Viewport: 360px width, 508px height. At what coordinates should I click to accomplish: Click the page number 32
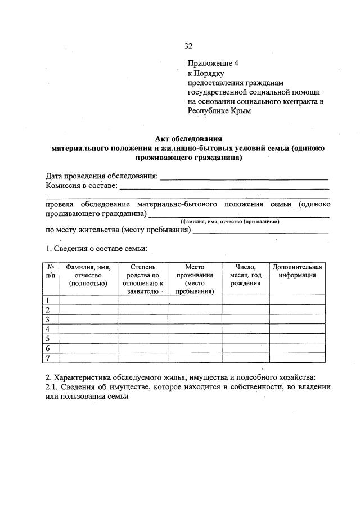pyautogui.click(x=188, y=46)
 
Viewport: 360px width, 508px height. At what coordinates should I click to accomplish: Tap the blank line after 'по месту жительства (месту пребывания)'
pyautogui.click(x=260, y=231)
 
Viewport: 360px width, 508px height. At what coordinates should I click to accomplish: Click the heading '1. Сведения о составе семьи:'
pyautogui.click(x=96, y=248)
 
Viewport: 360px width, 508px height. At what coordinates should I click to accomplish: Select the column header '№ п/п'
pyautogui.click(x=51, y=271)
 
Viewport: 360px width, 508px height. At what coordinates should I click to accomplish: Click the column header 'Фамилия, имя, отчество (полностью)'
pyautogui.click(x=88, y=275)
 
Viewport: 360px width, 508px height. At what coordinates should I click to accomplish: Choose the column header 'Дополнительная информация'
pyautogui.click(x=297, y=271)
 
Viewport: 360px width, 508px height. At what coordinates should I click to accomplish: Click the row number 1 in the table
pyautogui.click(x=48, y=300)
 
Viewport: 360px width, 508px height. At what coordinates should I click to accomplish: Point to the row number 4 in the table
pyautogui.click(x=48, y=329)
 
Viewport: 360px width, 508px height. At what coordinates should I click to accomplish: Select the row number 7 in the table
pyautogui.click(x=48, y=358)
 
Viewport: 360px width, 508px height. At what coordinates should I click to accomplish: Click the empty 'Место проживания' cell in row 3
pyautogui.click(x=194, y=319)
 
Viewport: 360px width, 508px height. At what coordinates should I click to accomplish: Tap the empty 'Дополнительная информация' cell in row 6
pyautogui.click(x=297, y=348)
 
